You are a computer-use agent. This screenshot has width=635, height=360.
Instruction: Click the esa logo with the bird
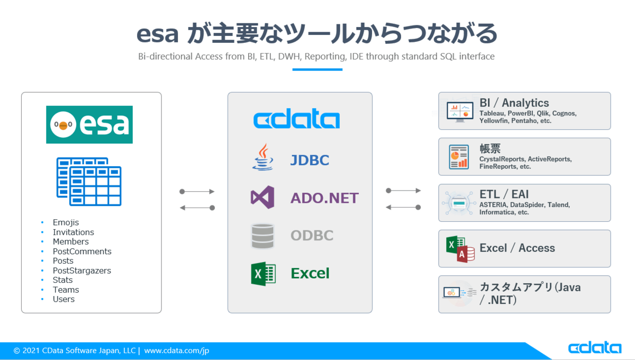[x=89, y=125]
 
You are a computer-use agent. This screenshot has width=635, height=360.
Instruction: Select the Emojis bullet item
[x=66, y=222]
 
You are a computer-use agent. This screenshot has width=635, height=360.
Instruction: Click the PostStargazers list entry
[x=81, y=271]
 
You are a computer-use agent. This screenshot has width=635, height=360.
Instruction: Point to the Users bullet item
[x=63, y=299]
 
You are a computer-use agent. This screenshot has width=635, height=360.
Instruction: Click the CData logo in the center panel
[x=296, y=120]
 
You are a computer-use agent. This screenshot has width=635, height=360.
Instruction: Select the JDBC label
[x=310, y=160]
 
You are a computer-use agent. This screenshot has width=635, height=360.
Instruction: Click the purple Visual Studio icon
[x=262, y=197]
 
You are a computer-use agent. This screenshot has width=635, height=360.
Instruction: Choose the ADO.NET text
[x=324, y=198]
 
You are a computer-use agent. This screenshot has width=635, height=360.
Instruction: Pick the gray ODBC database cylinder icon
[x=262, y=236]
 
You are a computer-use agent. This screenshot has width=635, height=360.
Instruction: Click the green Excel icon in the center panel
[x=263, y=274]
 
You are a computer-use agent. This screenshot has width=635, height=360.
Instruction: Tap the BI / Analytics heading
[x=514, y=103]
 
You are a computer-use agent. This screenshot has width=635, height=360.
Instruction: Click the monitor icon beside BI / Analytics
[x=458, y=111]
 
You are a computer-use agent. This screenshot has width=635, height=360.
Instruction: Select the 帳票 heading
[x=490, y=149]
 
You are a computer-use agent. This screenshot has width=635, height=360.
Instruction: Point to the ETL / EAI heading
[x=504, y=194]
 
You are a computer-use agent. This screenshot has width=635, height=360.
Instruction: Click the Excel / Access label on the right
[x=517, y=248]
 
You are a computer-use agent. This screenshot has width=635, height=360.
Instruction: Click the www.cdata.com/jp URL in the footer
[x=177, y=350]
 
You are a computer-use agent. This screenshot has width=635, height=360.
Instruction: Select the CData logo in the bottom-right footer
[x=594, y=348]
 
